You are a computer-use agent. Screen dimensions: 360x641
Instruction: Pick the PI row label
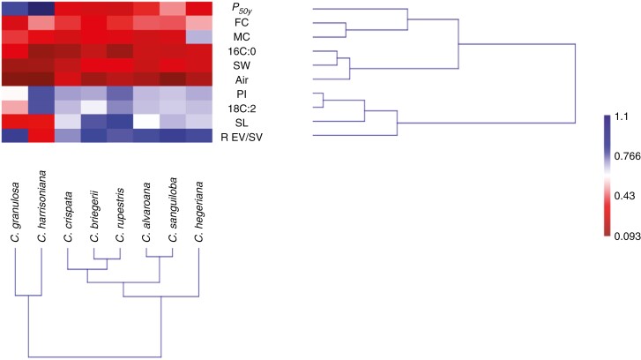[x=234, y=93]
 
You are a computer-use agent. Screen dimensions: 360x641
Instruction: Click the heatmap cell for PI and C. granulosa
[x=14, y=93]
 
